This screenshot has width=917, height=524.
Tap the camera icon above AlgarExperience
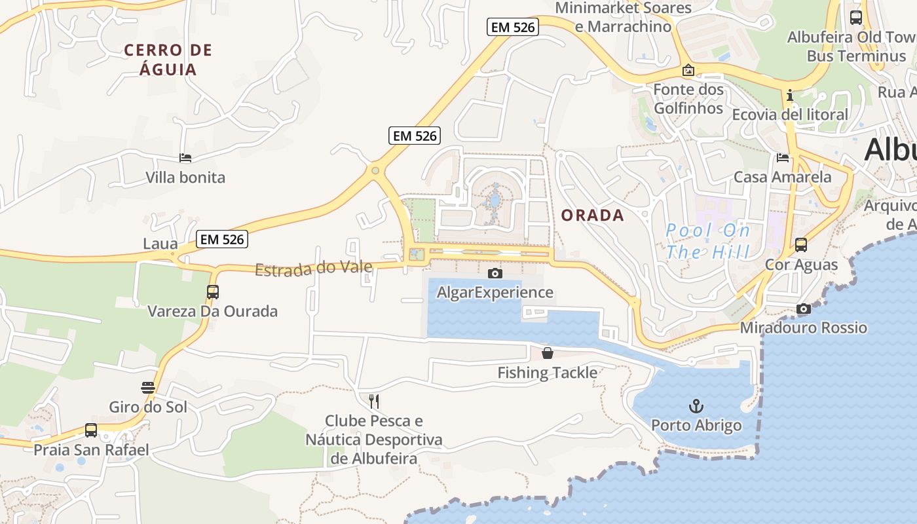pos(495,273)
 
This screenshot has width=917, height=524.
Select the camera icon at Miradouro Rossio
pos(804,309)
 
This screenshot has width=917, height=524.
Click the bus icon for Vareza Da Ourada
pos(213,292)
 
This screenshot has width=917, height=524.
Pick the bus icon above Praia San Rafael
pos(91,430)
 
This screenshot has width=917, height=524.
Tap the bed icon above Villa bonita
pos(185,158)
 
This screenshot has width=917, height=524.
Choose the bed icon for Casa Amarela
pos(783,158)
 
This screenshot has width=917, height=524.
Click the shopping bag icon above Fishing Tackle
pos(548,354)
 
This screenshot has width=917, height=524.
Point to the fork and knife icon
pos(374,401)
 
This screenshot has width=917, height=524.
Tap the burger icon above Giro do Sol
pos(148,388)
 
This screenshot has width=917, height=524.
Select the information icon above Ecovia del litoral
pos(790,96)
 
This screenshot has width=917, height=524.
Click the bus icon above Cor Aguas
pos(801,245)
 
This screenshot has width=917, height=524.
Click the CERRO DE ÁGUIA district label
pos(168,60)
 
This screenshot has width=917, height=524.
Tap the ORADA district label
pos(593,215)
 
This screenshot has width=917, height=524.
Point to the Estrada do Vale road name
pos(314,268)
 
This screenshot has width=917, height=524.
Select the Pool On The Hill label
pos(707,240)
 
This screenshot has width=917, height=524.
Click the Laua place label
pos(160,244)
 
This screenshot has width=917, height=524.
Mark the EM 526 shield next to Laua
pos(223,239)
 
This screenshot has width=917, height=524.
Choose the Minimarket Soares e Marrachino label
pos(623,17)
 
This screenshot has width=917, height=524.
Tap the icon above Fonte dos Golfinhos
pos(688,70)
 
